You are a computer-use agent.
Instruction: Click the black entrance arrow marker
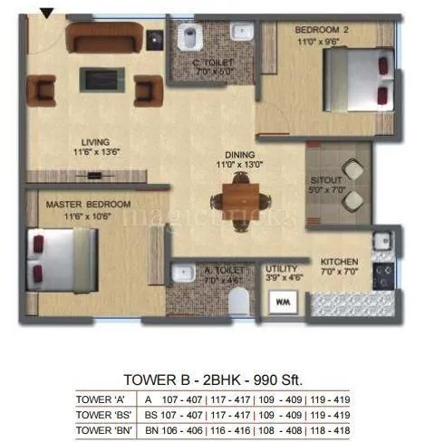pyautogui.click(x=46, y=12)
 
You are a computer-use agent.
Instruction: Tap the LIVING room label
pyautogui.click(x=93, y=142)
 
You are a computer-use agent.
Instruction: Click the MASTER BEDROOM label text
pyautogui.click(x=89, y=205)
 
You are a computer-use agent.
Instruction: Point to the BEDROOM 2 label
pyautogui.click(x=323, y=30)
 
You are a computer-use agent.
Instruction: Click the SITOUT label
pyautogui.click(x=326, y=179)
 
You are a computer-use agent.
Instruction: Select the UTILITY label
pyautogui.click(x=282, y=269)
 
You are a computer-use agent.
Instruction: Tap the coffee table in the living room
pyautogui.click(x=96, y=80)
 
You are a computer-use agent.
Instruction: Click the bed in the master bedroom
pyautogui.click(x=63, y=258)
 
